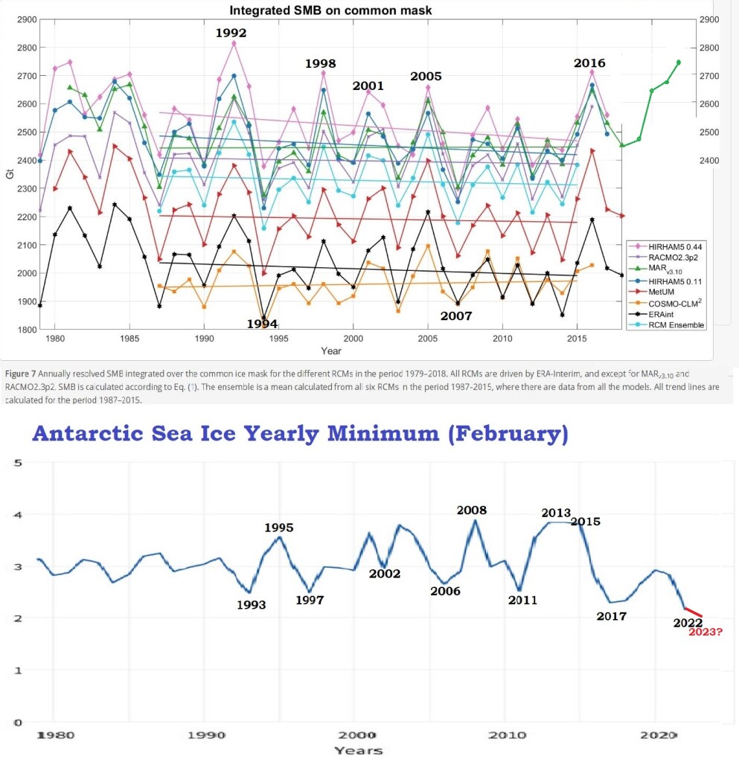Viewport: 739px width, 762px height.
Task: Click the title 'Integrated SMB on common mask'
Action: click(330, 10)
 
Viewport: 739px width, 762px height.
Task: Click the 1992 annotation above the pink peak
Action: click(231, 33)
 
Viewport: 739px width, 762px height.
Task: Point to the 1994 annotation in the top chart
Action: click(262, 324)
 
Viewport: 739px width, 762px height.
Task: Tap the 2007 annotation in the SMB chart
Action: click(455, 316)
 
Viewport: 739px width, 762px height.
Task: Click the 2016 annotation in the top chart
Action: click(589, 63)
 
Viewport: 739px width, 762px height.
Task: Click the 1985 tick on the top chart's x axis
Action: click(129, 339)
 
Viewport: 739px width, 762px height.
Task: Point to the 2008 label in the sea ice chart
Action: click(472, 510)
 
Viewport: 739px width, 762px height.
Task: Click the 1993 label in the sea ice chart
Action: click(251, 605)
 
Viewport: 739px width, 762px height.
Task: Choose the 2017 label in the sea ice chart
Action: click(611, 616)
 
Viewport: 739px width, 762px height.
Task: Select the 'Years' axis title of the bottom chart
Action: click(359, 750)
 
